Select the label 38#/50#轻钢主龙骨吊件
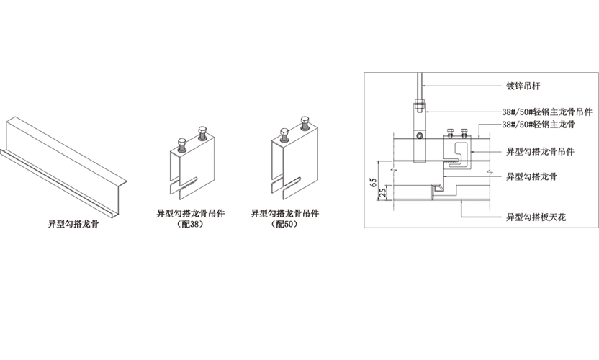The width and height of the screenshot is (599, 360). click(x=547, y=112)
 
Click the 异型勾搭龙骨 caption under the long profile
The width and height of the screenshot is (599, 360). click(x=68, y=224)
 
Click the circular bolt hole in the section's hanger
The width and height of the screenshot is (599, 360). click(x=420, y=135)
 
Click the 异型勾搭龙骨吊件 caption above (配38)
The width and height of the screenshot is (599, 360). click(x=191, y=213)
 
